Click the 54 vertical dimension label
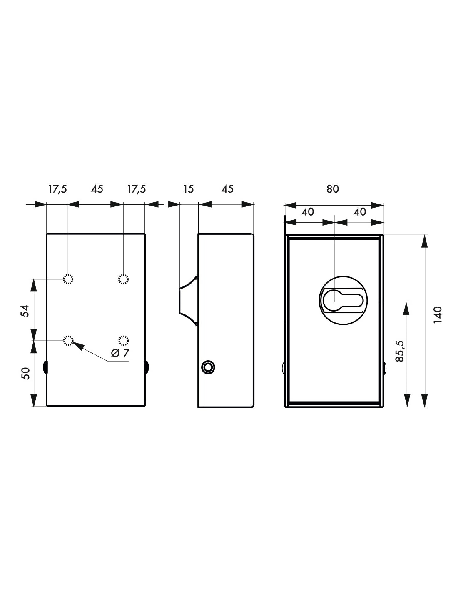click(25, 311)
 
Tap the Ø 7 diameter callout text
click(120, 353)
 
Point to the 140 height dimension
click(437, 315)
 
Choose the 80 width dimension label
click(333, 189)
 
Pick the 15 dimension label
click(188, 189)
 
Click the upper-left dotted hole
click(68, 279)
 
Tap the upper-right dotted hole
click(123, 279)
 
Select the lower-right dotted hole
click(123, 341)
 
